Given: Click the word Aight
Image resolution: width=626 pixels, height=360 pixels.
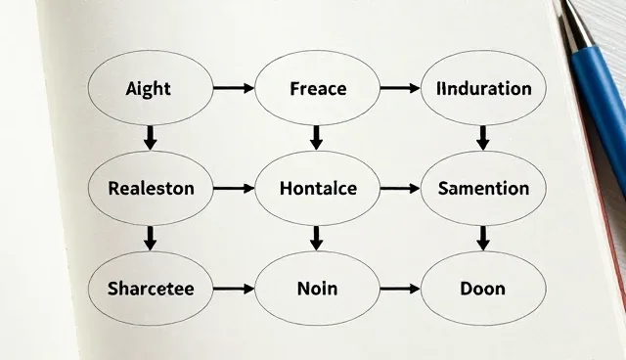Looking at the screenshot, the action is [x=148, y=89].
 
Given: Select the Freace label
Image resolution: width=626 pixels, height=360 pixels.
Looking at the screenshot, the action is [x=318, y=89].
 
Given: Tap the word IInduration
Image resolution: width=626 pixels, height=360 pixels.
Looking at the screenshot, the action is [x=484, y=89].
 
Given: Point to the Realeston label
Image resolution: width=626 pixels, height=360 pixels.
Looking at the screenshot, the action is [x=151, y=189].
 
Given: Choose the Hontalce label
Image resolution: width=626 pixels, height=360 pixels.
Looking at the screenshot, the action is [x=318, y=189].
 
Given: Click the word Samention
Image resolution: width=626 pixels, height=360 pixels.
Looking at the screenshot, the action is [x=483, y=189].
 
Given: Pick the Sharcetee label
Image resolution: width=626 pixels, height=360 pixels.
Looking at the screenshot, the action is [x=151, y=289].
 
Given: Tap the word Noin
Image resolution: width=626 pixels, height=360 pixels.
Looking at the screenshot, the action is [x=317, y=289].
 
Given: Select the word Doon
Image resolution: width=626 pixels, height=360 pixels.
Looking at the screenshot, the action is [x=482, y=289].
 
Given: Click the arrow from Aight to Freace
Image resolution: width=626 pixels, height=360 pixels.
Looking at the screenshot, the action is [x=234, y=88].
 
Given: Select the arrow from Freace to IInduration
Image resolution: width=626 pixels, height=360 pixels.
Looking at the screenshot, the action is [x=400, y=88].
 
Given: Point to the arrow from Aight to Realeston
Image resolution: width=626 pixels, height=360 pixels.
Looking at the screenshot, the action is [x=150, y=138].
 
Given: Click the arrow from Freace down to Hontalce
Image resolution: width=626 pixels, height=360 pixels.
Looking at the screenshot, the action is [x=317, y=138].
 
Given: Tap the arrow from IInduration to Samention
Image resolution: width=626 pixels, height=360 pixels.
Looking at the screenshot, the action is [x=483, y=138].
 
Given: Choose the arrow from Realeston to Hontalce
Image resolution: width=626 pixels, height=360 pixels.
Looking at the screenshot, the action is [x=234, y=188].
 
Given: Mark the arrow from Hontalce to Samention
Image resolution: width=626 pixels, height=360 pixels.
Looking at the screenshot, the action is [x=400, y=188].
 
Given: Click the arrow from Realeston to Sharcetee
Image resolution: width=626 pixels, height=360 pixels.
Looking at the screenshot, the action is [x=150, y=239].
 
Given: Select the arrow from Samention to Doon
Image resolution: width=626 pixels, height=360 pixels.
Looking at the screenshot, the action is [x=483, y=239].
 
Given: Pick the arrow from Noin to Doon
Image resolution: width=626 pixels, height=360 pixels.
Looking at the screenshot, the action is [x=400, y=289].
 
